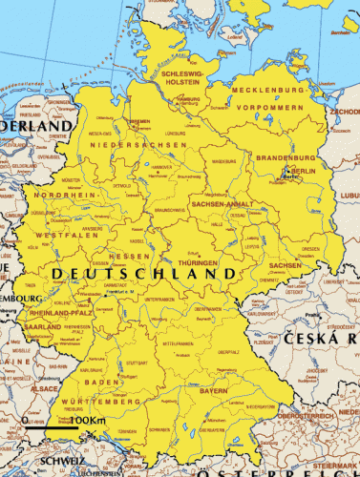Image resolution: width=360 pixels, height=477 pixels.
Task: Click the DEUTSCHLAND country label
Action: click(x=143, y=274)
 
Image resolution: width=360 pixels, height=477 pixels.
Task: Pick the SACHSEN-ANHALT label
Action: click(x=222, y=204)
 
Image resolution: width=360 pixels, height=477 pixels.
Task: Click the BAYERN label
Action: click(x=214, y=391)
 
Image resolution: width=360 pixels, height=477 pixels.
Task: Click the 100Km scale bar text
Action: click(x=87, y=421)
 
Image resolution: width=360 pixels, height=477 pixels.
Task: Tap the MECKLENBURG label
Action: click(x=270, y=89)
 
